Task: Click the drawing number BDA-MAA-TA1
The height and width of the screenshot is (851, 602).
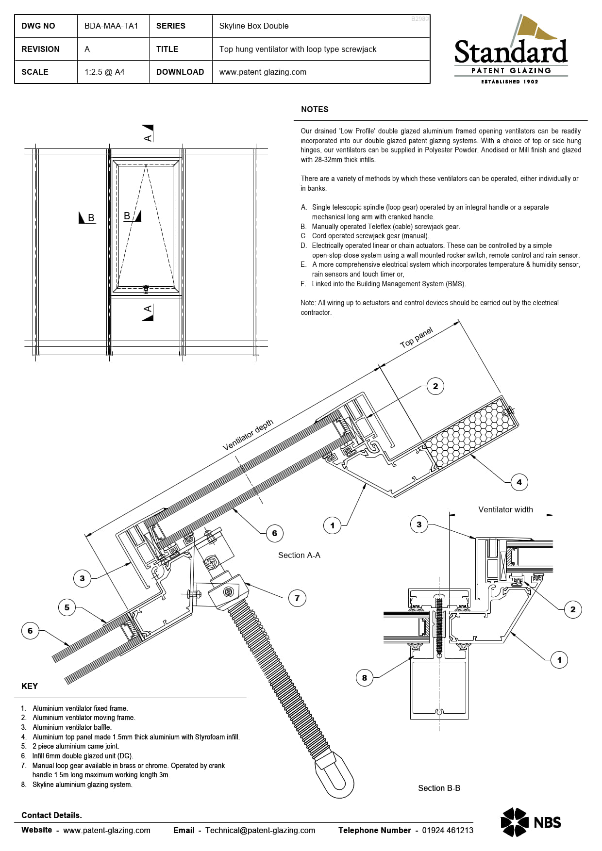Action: point(111,26)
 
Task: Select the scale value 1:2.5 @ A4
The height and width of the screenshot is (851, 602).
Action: point(104,72)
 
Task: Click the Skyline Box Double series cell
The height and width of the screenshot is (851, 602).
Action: point(254,26)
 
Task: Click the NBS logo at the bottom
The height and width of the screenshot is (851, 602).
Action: point(531,822)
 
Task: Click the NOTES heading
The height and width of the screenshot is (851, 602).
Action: point(315,109)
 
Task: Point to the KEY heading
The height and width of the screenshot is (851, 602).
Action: point(30,686)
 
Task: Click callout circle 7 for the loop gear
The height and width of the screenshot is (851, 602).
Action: point(297,598)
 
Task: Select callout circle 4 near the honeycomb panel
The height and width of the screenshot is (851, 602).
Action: point(519,482)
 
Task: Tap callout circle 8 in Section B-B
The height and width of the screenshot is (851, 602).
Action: point(365,678)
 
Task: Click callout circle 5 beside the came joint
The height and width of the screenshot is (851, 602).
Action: point(67,607)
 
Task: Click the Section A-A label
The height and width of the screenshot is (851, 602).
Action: point(299,555)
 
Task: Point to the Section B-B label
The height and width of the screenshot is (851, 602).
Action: point(439,788)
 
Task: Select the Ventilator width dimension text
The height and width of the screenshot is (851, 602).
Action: point(505,509)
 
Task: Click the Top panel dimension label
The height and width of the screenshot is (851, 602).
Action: point(416,338)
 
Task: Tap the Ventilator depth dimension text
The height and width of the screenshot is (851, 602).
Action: point(248,435)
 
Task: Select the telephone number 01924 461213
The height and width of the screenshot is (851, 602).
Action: point(447,830)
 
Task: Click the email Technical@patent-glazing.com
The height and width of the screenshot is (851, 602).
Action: point(260,830)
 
